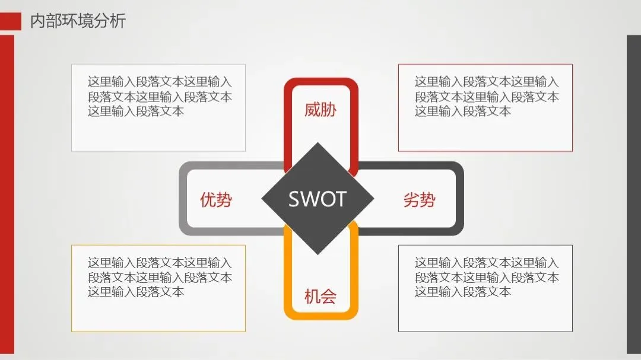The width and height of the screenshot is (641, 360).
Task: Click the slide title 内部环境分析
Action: [78, 21]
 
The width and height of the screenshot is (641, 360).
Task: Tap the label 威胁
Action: [320, 110]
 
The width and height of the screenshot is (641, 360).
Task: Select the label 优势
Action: [216, 200]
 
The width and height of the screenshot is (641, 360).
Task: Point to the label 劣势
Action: [419, 200]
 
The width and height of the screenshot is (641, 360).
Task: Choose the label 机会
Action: [320, 296]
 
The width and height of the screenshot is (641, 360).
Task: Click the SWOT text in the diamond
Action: [317, 199]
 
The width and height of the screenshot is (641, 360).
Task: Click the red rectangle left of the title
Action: [11, 21]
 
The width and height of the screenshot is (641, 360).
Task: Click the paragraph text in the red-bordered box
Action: [486, 96]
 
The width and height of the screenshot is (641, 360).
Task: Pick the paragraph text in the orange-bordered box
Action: [160, 277]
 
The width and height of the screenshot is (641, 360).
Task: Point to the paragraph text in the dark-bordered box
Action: [486, 277]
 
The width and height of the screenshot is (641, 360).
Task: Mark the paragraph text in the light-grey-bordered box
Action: [160, 96]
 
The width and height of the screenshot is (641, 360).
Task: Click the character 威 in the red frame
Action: [312, 110]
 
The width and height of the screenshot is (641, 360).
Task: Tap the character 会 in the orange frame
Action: [328, 296]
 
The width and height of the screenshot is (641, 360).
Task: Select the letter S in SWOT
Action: [294, 199]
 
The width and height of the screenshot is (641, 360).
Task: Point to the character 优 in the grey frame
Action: [208, 200]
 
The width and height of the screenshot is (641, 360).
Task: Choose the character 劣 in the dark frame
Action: [411, 200]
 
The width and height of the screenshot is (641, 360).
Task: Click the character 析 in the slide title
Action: [118, 21]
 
